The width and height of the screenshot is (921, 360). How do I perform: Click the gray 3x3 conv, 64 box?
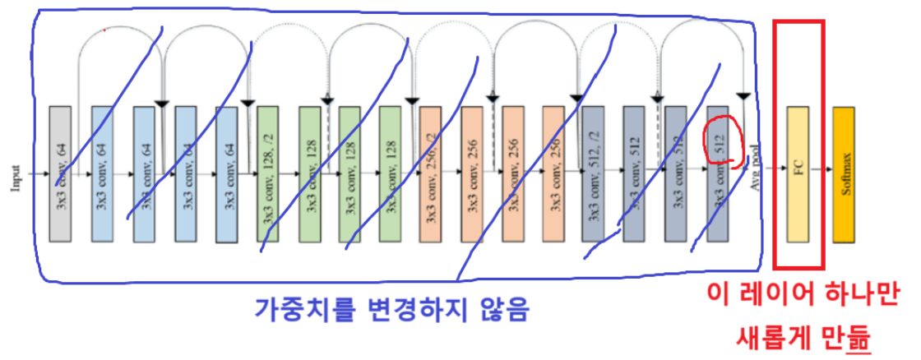[61, 173]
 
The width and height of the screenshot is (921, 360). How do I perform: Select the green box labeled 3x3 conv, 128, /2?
[268, 173]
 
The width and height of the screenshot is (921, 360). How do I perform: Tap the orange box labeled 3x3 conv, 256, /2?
[430, 173]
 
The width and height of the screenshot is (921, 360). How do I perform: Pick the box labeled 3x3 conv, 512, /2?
[593, 173]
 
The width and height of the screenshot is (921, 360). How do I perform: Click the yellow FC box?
[797, 174]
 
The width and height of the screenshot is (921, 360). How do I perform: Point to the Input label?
[16, 174]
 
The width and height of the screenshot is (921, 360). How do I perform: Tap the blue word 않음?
[498, 311]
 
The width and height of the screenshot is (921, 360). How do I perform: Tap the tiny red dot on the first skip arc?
[104, 30]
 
